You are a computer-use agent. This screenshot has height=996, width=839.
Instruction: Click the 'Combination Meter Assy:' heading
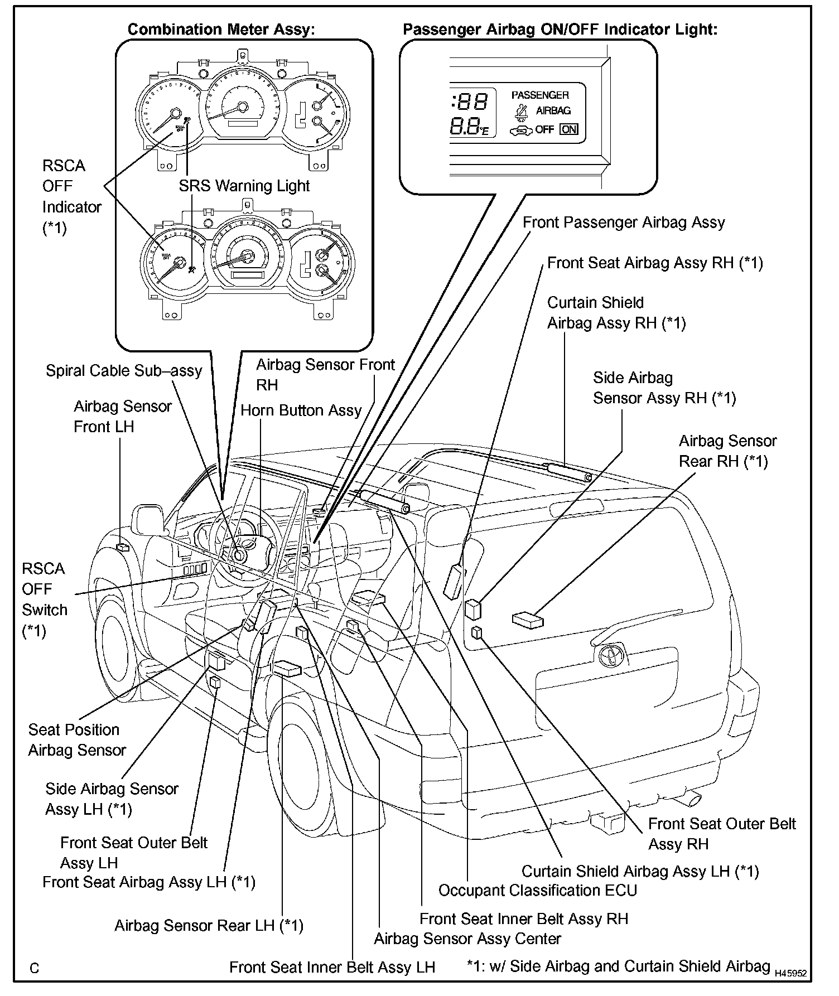pyautogui.click(x=221, y=30)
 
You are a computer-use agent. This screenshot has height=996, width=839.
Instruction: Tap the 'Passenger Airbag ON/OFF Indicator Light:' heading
pyautogui.click(x=560, y=30)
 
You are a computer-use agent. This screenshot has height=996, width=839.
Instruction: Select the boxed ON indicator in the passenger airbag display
pyautogui.click(x=569, y=129)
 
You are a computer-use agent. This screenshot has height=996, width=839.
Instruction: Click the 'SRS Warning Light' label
pyautogui.click(x=244, y=186)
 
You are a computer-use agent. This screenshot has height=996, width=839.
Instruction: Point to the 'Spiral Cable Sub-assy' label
pyautogui.click(x=124, y=371)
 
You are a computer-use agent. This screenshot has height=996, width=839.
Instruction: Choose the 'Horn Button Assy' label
pyautogui.click(x=301, y=410)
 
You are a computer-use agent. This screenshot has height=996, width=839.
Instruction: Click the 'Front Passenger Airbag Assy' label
pyautogui.click(x=624, y=223)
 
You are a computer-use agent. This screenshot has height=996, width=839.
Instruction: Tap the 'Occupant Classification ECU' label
pyautogui.click(x=538, y=890)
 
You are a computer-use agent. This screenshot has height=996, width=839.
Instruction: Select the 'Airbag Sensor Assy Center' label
pyautogui.click(x=467, y=939)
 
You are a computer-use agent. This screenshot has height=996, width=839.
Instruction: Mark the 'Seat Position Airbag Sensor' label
pyautogui.click(x=76, y=740)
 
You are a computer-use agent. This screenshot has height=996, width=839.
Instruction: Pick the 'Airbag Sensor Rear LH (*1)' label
pyautogui.click(x=209, y=926)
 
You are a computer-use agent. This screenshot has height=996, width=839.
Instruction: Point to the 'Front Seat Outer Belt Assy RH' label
pyautogui.click(x=722, y=834)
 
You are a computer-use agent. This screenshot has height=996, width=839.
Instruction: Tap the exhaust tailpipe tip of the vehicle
pyautogui.click(x=691, y=799)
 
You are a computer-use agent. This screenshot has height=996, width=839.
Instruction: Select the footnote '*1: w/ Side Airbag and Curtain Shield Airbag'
pyautogui.click(x=618, y=966)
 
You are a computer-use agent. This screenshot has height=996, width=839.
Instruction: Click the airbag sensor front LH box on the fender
pyautogui.click(x=122, y=547)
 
